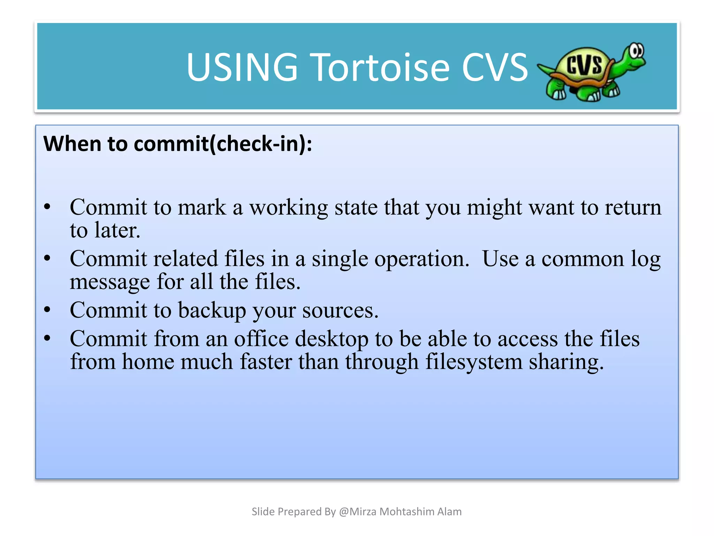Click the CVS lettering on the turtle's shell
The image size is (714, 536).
[584, 65]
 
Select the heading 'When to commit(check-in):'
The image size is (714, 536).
[177, 144]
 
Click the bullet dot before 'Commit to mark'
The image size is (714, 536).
[47, 207]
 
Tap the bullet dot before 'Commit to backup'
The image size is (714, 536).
[47, 310]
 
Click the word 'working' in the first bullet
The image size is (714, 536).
[288, 208]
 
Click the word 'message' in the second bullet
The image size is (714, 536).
[109, 282]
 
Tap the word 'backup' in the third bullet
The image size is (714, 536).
[212, 310]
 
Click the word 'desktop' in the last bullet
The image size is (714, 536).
[332, 339]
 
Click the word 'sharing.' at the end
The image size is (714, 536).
[566, 362]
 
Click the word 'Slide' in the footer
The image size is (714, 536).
[263, 512]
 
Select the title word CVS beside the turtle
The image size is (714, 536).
[495, 67]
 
